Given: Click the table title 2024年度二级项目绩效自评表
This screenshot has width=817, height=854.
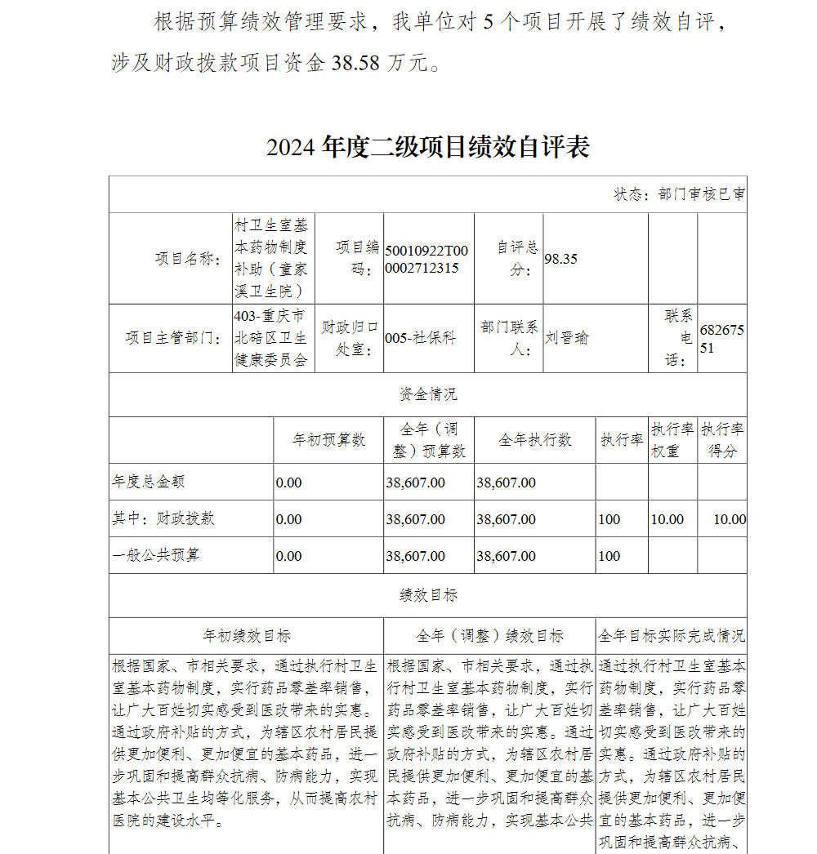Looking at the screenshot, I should (x=427, y=148).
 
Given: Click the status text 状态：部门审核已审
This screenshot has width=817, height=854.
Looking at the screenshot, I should (x=679, y=194).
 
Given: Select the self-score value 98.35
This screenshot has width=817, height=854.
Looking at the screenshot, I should (x=561, y=259).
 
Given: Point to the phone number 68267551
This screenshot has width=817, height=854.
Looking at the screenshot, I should (x=721, y=337).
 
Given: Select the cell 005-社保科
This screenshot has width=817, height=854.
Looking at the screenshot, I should (x=421, y=337).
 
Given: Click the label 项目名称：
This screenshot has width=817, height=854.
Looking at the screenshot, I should (x=188, y=259).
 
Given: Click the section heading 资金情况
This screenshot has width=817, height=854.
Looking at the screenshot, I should (x=427, y=394).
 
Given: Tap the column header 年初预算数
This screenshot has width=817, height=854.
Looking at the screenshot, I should (x=328, y=440).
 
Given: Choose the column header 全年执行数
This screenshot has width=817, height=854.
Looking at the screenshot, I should (x=535, y=440).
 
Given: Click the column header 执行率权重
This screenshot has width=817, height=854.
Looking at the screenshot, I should (x=672, y=440).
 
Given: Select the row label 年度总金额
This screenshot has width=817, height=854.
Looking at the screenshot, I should (x=148, y=482).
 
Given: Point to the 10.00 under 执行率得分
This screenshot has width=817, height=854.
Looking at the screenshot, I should (x=729, y=519).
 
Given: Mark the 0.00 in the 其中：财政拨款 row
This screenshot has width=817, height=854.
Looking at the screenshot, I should (x=288, y=519).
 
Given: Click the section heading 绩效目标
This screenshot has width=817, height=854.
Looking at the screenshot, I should (x=427, y=595).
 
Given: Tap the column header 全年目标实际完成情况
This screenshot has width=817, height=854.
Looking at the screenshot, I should (x=672, y=635).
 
